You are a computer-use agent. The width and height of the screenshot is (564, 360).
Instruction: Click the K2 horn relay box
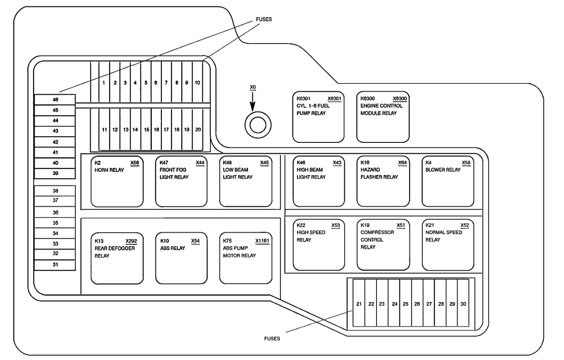pos(117,182)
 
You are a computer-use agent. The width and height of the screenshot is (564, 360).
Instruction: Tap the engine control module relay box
pos(383,117)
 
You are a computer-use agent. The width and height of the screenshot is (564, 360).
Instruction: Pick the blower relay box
pos(448,182)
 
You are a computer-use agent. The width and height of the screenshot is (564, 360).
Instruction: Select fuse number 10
pos(198,83)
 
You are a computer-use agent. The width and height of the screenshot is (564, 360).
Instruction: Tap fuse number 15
pos(146,130)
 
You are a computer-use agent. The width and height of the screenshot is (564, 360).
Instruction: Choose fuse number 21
pos(359,304)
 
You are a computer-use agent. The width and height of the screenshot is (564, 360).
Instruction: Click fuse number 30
pos(463,304)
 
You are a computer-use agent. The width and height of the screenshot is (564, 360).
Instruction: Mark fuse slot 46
pos(55,100)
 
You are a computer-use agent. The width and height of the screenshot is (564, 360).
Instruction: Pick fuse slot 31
pos(55,265)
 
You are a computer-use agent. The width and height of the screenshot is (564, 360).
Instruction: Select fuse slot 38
pos(55,191)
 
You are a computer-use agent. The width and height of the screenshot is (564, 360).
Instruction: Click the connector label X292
pos(132,241)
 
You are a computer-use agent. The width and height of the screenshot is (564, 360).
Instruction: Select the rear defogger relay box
pos(117,258)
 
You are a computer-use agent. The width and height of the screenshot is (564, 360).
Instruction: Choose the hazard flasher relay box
pos(383,182)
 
